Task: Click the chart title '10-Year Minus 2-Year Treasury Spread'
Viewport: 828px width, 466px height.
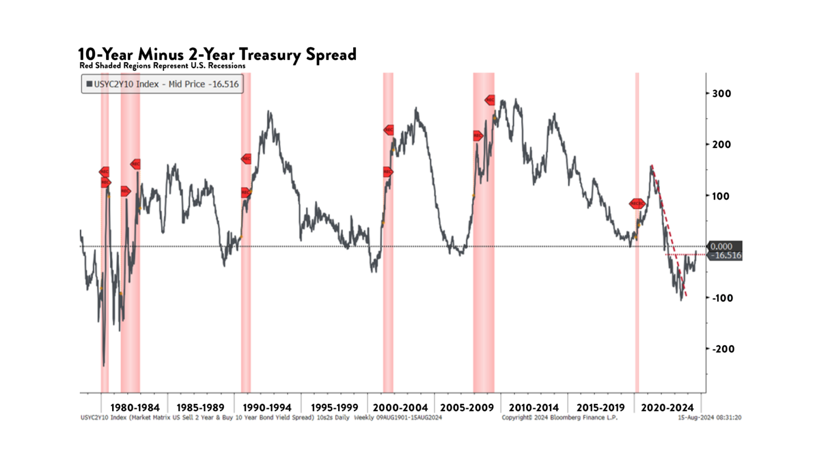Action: [217, 54]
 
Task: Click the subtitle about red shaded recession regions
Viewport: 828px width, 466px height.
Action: [162, 66]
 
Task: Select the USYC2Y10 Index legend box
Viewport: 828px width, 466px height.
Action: [162, 84]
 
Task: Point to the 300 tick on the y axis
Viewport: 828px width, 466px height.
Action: [721, 93]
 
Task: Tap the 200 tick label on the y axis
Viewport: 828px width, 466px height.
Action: [721, 145]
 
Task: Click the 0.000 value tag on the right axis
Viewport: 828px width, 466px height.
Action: [721, 246]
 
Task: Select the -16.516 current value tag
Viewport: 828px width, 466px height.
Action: [726, 256]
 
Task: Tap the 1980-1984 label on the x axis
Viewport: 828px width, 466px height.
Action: [135, 408]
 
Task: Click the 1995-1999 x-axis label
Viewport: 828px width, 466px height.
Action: [334, 408]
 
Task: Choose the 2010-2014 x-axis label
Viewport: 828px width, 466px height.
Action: [534, 408]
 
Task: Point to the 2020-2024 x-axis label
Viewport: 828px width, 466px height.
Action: [667, 408]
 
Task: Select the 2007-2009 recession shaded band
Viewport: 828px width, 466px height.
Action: [484, 324]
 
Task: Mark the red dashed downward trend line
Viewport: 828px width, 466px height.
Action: [668, 232]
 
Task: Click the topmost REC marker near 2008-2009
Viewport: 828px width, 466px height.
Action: [489, 100]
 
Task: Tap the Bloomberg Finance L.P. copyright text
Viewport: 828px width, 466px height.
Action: [559, 417]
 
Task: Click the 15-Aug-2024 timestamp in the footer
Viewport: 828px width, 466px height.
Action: [709, 417]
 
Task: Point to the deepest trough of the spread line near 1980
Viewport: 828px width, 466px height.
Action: [103, 365]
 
